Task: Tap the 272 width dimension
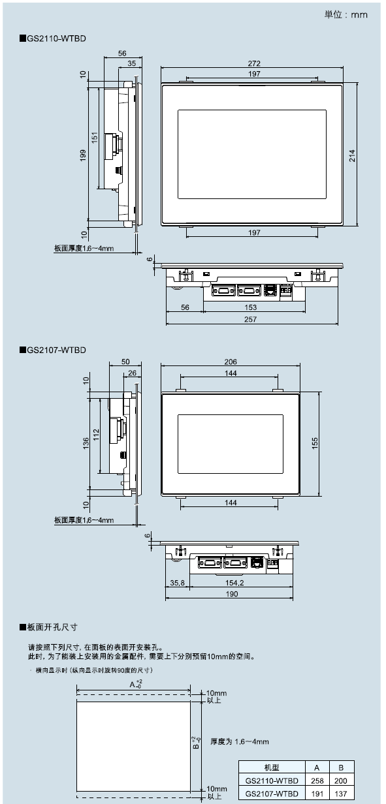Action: [254, 63]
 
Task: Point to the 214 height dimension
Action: [352, 156]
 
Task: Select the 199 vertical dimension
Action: [83, 155]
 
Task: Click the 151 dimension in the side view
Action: [95, 138]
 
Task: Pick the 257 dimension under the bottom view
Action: [250, 319]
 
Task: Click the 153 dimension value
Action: [250, 307]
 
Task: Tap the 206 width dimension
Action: [231, 362]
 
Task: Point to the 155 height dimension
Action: [315, 443]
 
